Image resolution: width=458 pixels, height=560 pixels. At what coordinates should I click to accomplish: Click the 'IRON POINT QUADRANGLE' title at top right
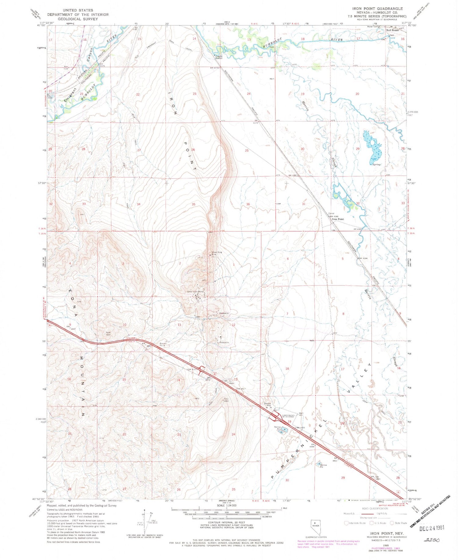pos(386,9)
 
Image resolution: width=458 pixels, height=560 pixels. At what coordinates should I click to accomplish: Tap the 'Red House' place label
pos(392,30)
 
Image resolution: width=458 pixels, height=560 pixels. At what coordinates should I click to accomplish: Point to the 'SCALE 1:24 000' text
pos(227,505)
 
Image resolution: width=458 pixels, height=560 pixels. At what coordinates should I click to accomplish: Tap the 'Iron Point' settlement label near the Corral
pos(338,219)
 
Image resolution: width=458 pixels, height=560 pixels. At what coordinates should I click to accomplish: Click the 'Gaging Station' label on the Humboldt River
pos(219,57)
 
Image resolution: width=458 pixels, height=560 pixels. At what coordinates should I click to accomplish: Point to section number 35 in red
pos(193,204)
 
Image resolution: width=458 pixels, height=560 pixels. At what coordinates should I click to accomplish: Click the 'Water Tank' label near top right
pos(372,27)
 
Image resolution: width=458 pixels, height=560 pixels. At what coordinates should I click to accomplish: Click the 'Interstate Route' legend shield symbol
pos(346,523)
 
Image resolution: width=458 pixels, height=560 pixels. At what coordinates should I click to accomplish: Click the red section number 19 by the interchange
pos(289,422)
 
